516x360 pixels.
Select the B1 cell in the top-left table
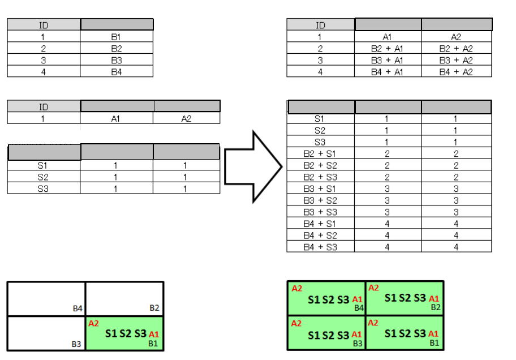117,37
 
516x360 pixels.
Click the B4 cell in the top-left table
117,72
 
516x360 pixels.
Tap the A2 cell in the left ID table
186,118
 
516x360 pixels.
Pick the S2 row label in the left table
43,177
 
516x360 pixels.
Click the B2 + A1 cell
388,49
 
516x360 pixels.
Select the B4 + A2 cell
456,72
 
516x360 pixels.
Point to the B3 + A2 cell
456,61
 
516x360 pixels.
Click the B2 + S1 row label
320,153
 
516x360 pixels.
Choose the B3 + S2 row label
320,200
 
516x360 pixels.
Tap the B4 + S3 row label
320,247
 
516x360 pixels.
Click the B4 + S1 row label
320,224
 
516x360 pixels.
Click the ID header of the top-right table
320,25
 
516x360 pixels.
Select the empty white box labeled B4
46,298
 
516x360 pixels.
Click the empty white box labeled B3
46,333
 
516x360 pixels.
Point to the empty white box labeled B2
124,298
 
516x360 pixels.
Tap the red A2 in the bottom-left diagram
94,324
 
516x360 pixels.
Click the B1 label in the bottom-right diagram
435,343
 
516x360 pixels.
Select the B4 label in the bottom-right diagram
359,308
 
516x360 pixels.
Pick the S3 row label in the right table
320,142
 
